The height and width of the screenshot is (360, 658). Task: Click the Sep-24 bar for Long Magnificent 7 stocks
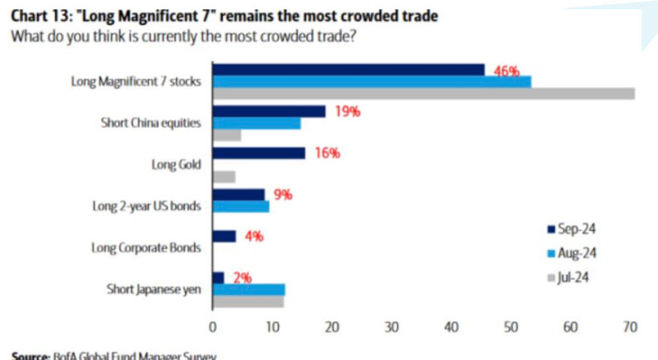348,69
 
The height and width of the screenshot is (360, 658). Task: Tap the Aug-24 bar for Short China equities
256,123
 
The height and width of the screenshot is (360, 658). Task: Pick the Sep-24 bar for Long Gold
258,153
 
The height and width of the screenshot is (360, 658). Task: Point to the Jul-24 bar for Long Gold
224,177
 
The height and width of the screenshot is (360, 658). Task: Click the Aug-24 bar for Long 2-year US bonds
241,206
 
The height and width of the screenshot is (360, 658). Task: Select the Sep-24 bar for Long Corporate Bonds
224,236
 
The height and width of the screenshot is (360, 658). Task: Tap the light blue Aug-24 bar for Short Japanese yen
249,289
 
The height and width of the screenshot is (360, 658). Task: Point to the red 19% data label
347,111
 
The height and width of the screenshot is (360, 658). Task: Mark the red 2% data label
243,278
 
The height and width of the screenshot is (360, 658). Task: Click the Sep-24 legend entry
570,229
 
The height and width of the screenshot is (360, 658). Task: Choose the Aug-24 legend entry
570,253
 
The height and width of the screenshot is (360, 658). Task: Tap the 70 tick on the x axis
630,326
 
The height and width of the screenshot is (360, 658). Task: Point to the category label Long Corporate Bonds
146,249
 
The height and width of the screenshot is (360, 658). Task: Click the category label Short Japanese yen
153,289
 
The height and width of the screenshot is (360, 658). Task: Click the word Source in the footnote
30,356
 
